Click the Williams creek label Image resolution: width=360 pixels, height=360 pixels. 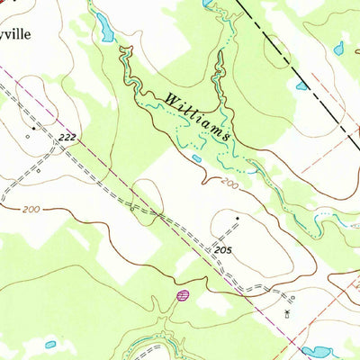(x=199, y=115)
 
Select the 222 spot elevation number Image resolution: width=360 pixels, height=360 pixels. (x=65, y=137)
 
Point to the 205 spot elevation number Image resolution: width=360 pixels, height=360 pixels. (x=224, y=247)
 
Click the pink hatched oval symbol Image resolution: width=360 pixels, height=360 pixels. (x=183, y=294)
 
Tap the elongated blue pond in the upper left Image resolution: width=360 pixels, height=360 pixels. (x=105, y=31)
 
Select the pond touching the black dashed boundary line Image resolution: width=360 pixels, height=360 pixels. (x=302, y=86)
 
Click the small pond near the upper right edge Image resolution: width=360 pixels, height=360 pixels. (x=338, y=49)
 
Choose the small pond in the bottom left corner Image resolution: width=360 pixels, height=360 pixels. (x=50, y=344)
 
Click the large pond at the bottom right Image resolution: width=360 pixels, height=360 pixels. (x=316, y=351)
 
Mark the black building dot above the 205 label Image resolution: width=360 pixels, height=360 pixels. (x=238, y=218)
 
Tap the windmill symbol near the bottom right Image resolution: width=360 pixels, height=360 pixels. (x=287, y=311)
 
